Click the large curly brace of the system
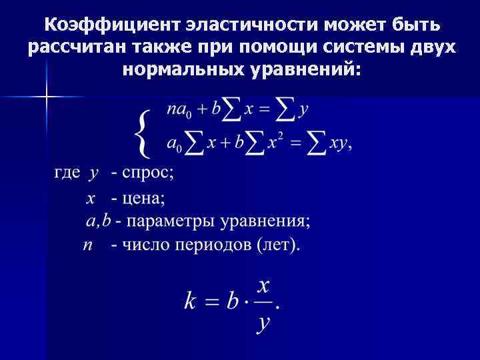coord(141,130)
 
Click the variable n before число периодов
coord(87,245)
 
